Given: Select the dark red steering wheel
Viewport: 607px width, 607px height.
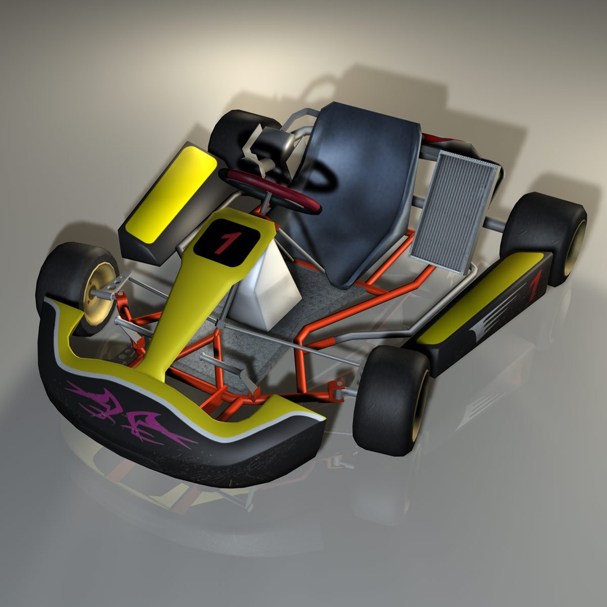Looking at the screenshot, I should (273, 191).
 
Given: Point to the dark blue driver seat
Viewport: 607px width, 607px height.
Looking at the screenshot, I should (360, 185).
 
